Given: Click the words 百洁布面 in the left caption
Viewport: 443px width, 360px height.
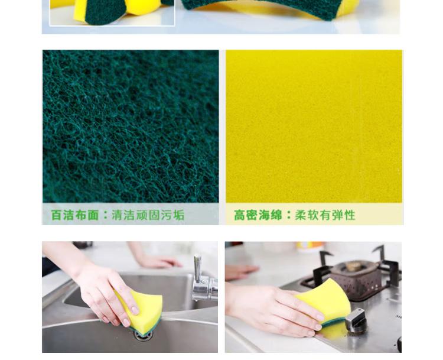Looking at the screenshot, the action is coord(75,215).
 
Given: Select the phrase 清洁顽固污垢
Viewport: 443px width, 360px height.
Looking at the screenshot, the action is coord(148,215).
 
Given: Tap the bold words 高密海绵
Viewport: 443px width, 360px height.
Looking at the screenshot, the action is coord(258,215).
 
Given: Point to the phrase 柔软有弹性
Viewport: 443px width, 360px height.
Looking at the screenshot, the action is coord(325,215).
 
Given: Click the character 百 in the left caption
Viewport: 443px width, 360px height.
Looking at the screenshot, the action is coord(56,215).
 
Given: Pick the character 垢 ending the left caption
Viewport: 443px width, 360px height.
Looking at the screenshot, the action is coord(179,215).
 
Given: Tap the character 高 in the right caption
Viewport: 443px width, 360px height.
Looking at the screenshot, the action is coord(239,215).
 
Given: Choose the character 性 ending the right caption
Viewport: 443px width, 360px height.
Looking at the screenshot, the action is coord(350,215).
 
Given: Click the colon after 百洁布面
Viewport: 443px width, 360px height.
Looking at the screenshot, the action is coord(106,216).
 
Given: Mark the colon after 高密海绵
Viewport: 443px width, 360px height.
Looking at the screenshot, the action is coord(289,216).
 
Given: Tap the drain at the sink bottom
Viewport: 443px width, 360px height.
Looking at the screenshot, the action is coord(144,335).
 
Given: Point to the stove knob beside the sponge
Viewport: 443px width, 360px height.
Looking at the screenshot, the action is coord(356,320).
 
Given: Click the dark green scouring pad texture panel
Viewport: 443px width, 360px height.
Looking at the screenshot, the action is coord(131,127).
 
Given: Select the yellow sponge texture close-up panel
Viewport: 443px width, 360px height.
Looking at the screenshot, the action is coord(314,127).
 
